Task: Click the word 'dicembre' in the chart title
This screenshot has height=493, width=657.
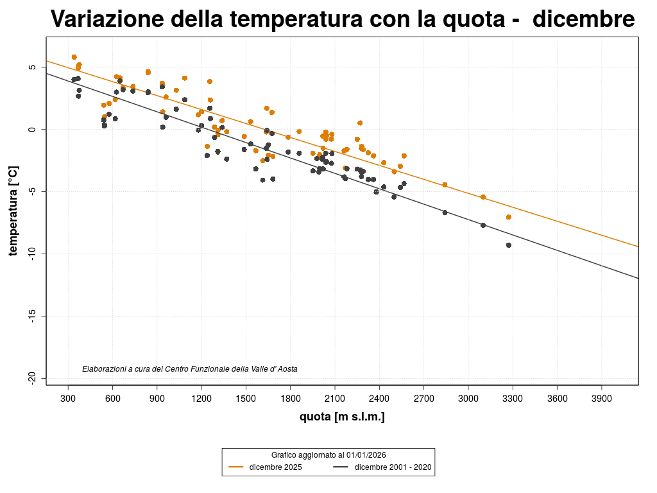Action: (583, 20)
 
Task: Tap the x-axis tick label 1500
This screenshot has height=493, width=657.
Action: (246, 398)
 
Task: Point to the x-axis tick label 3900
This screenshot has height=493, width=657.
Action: (601, 398)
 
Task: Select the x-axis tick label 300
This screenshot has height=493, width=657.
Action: (68, 398)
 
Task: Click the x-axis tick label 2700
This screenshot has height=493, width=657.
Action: (423, 398)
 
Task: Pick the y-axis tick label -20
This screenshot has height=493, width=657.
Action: (33, 378)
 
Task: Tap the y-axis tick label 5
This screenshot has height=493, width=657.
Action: (33, 67)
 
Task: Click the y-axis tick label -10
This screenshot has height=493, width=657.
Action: (33, 254)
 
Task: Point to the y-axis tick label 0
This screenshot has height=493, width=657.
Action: (33, 130)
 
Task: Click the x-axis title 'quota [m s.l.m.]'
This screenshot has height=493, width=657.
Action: (342, 417)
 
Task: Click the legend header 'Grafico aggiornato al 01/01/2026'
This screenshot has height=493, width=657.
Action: (328, 454)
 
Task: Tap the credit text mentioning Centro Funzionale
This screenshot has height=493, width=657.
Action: (190, 369)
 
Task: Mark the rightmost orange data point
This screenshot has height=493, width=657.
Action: (509, 217)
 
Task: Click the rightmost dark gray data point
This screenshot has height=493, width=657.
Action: (509, 245)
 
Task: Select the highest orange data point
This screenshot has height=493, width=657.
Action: (74, 57)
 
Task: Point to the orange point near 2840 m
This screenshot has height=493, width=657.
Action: (445, 185)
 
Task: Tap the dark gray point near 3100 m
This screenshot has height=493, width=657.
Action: (483, 225)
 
